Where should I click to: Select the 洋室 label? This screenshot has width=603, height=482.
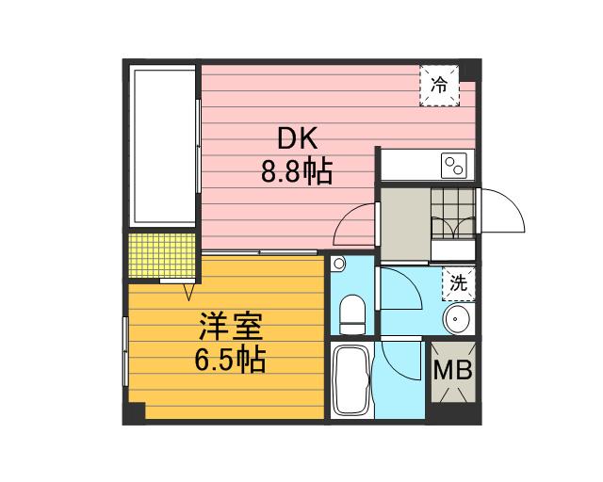pyautogui.click(x=230, y=329)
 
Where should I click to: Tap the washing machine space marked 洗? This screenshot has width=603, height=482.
pyautogui.click(x=458, y=281)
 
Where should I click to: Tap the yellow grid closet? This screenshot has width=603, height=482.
pyautogui.click(x=162, y=256)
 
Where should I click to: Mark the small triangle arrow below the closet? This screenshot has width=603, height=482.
pyautogui.click(x=176, y=288)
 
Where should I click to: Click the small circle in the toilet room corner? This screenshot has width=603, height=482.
pyautogui.click(x=340, y=265)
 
